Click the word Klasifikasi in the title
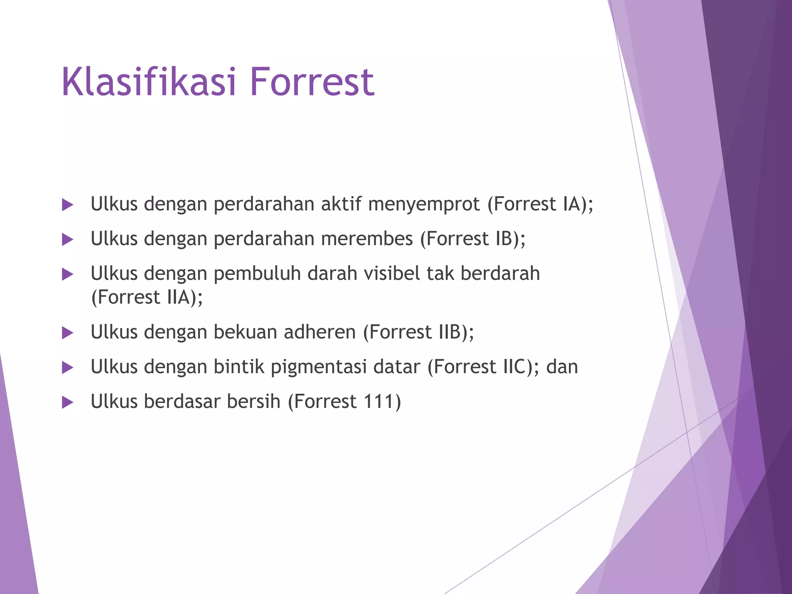tap(148, 82)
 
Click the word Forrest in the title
tap(312, 82)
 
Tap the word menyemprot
tap(424, 204)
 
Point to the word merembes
tap(367, 239)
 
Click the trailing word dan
tap(562, 367)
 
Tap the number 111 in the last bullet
tap(377, 401)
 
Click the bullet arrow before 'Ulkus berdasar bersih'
tap(67, 403)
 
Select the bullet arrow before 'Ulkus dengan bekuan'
tap(67, 333)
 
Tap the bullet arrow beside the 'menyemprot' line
tap(67, 205)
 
